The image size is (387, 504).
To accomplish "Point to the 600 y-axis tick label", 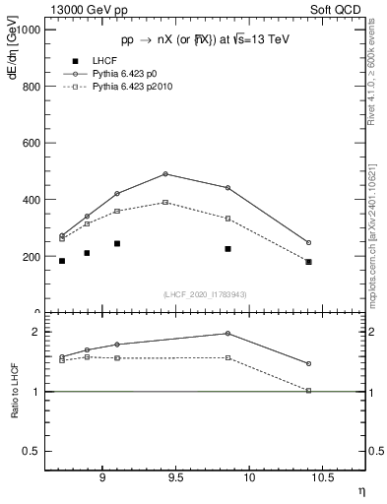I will pos(31,143).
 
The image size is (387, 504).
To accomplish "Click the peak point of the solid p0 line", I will pos(165,174).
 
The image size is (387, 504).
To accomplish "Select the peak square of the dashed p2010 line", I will pos(165,202).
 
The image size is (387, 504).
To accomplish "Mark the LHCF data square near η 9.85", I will pos(227,249).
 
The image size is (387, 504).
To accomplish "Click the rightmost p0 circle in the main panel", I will pos(308,242).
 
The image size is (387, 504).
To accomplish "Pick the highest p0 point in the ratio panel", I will pos(227,334).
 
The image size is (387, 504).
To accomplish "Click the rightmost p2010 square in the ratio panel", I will pos(308,391).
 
